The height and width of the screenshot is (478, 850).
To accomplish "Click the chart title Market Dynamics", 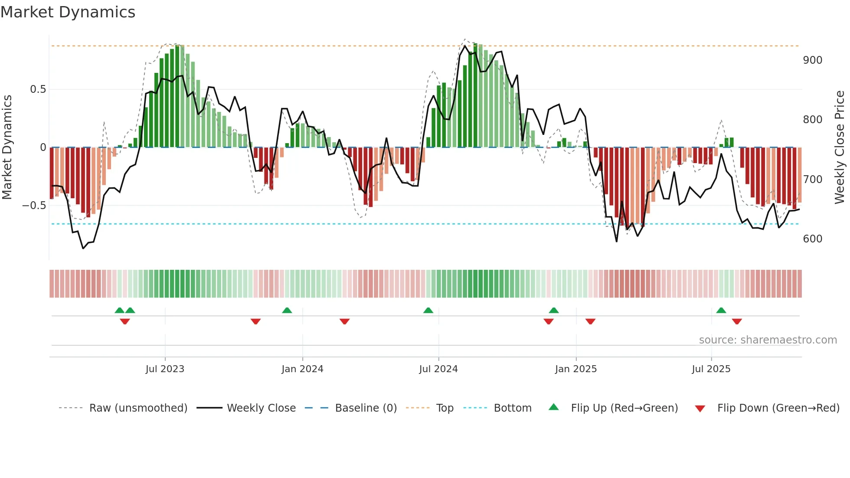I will (68, 12).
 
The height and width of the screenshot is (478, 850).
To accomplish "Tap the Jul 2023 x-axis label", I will (165, 369).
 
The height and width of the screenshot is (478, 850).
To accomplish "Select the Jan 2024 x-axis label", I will (302, 369).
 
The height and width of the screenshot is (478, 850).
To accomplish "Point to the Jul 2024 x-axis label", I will (438, 369).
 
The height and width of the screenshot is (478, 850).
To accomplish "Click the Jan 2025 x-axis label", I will (576, 369).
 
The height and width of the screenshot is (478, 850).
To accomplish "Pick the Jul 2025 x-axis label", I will (711, 369).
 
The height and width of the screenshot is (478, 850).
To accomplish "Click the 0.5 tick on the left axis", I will (38, 89).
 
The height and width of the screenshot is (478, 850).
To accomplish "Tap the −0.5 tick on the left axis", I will (34, 206).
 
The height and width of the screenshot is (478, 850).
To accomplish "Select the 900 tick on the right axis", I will (812, 60).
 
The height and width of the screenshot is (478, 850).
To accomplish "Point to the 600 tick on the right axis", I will (812, 239).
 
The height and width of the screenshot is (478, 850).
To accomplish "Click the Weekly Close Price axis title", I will (840, 147).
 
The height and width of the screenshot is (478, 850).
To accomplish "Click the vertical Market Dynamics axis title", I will (7, 147).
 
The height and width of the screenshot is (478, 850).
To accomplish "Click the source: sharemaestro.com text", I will (768, 340).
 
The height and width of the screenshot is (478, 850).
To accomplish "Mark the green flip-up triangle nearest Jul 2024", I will (428, 311).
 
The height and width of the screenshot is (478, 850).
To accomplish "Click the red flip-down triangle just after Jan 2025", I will (590, 321).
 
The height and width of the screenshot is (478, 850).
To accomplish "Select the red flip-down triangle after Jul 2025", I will (737, 321).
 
